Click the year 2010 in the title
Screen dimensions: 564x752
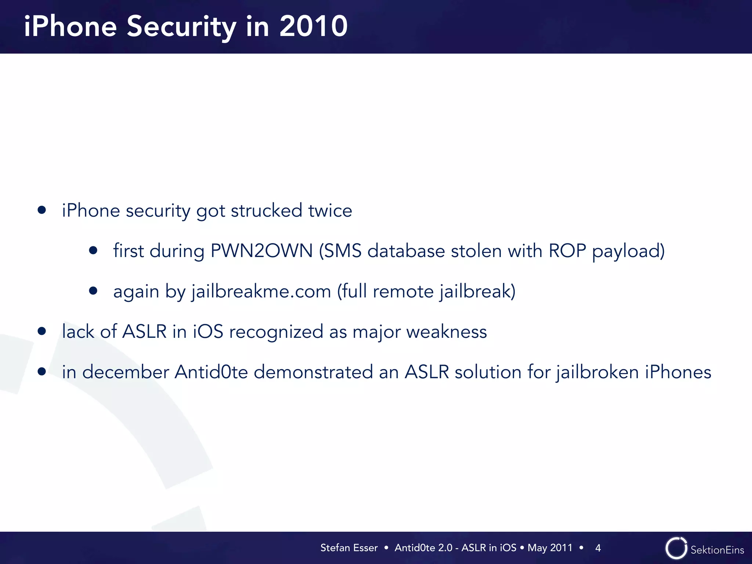coord(313,26)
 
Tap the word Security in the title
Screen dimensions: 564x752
coord(181,27)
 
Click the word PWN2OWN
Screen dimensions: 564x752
coord(261,251)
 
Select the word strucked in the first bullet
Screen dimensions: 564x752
coord(266,211)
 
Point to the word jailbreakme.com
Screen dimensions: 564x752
coord(261,292)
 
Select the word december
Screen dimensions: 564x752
coord(126,372)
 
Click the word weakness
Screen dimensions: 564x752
coord(446,332)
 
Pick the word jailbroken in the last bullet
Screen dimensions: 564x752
coord(597,372)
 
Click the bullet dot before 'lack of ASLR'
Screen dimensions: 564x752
coord(42,331)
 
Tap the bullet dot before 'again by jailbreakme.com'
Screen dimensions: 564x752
coord(93,291)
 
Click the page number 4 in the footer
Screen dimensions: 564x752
coord(598,548)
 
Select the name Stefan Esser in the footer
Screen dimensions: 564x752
coord(349,548)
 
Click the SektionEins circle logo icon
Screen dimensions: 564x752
coord(676,548)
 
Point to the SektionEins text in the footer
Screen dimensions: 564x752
coord(717,550)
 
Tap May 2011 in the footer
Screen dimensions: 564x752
coord(550,548)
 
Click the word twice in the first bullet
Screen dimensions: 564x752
coord(330,211)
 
